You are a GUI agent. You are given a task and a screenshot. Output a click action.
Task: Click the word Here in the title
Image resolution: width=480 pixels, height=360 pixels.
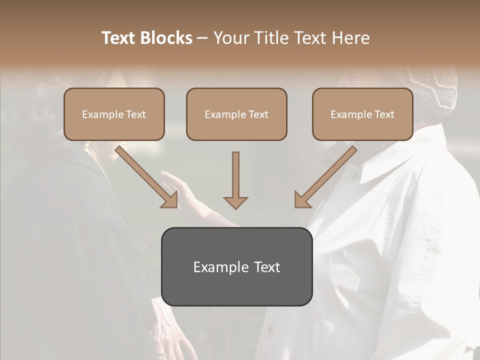point(349,38)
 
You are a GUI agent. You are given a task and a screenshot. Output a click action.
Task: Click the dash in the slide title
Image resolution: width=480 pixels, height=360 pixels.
point(202,38)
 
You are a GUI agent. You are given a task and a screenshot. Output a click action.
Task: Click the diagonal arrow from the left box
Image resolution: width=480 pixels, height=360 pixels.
point(146,177)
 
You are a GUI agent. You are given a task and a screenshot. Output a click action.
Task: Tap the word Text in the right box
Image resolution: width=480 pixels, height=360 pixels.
point(384,114)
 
